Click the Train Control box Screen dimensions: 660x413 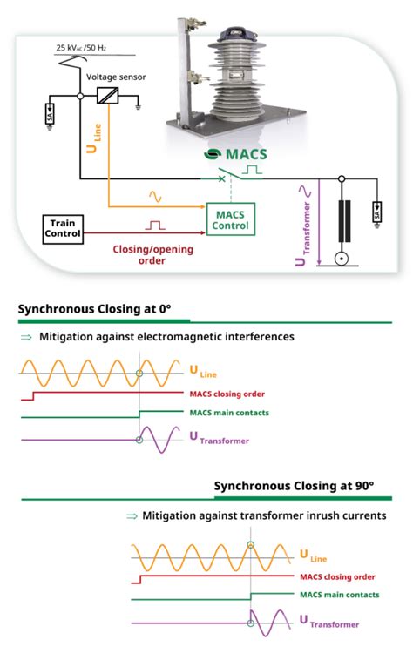tap(64, 228)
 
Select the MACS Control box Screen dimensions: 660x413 tap(229, 219)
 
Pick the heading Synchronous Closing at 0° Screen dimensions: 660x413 tap(95, 308)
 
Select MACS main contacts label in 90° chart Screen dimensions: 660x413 tap(339, 595)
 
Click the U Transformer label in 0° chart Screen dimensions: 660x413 tap(219, 440)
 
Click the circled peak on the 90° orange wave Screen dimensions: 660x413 tap(250, 545)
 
